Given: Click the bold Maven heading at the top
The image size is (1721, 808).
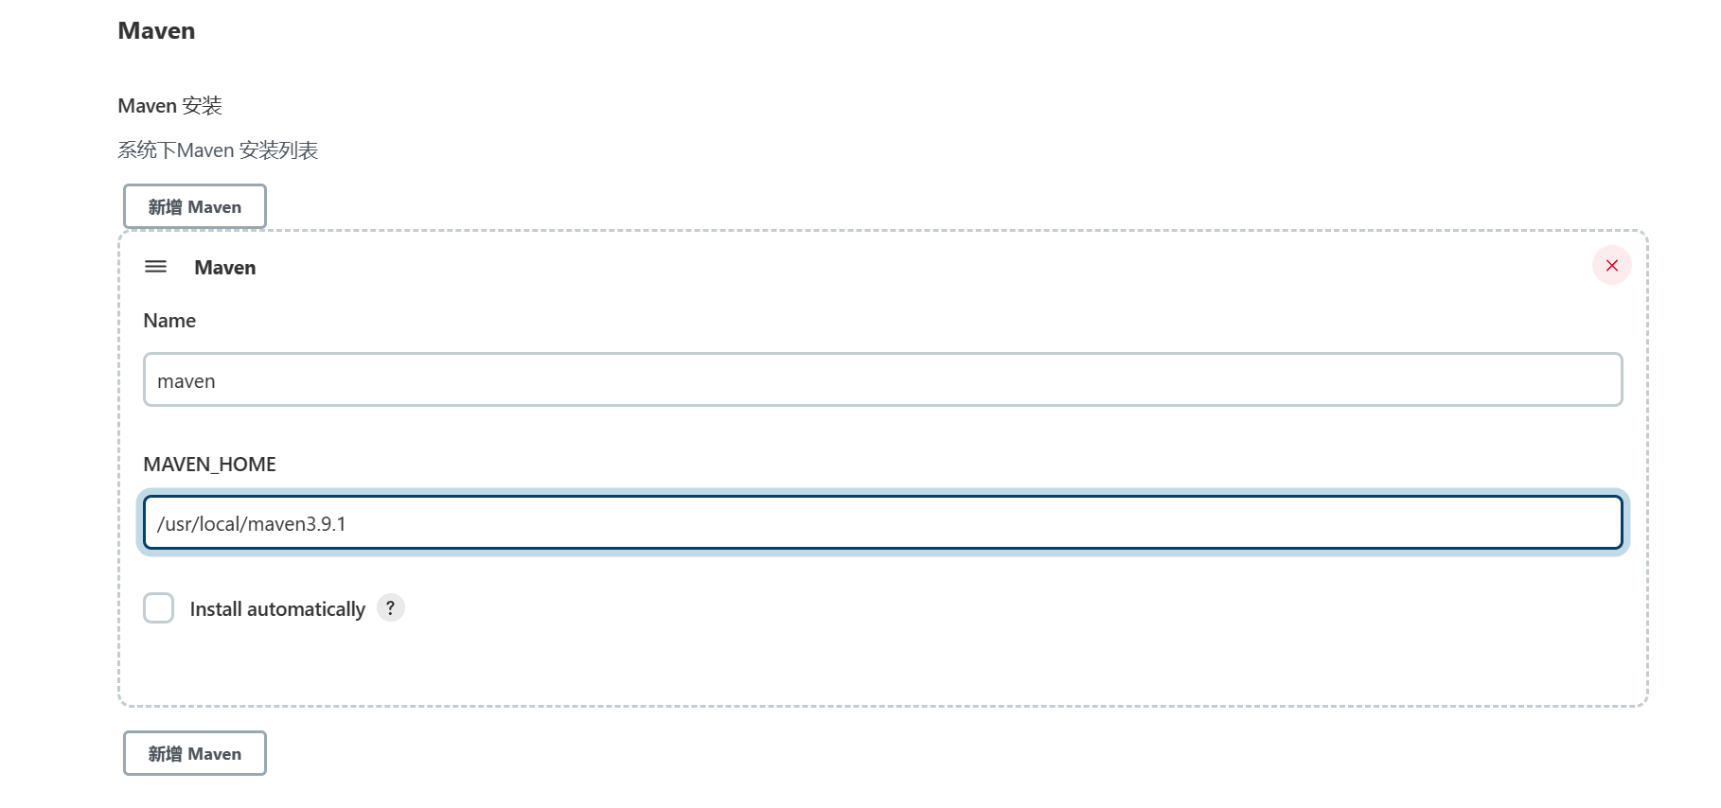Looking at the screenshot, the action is coord(156,31).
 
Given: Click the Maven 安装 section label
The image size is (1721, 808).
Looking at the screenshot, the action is coord(169,106).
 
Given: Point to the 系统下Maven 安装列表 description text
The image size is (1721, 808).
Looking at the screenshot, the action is coord(218,150).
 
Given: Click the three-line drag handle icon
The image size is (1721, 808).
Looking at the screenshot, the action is coord(155,267).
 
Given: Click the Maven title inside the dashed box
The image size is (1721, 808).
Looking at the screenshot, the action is coord(224,268).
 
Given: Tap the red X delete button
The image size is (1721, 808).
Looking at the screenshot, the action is coord(1611,266).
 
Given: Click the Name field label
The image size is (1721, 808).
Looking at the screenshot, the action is coord(169,321).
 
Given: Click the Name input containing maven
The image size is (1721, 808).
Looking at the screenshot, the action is coord(882,380).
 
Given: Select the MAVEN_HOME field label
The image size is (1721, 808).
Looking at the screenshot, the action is coord(209,465).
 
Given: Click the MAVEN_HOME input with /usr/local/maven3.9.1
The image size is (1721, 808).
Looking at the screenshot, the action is coord(882,523).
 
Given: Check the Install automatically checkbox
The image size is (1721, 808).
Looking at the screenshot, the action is coord(159,608).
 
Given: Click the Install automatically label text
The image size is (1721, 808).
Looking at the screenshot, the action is coord(277,609).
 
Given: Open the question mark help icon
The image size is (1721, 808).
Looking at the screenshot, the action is coord(390,607).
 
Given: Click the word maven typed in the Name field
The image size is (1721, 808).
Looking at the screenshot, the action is coord(186,381).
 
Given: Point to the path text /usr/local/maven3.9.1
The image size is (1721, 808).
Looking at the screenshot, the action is coord(252,524).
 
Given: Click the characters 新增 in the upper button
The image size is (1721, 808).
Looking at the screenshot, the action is coord(165,207).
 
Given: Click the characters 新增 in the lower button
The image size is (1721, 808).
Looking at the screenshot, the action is coord(165,754).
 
